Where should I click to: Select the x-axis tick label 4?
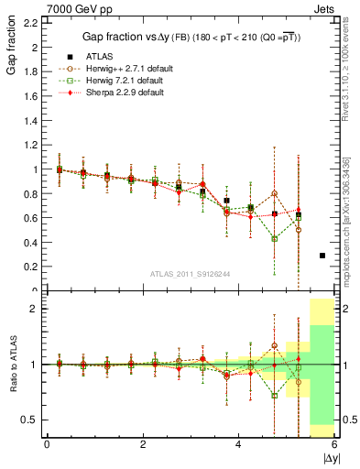(x=238, y=444)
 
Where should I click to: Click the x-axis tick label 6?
(x=333, y=444)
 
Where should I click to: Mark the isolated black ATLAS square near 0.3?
(x=322, y=256)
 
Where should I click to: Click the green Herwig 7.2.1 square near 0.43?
(x=275, y=238)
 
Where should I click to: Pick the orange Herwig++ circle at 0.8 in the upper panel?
(x=275, y=193)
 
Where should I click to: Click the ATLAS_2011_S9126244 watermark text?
(x=190, y=273)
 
